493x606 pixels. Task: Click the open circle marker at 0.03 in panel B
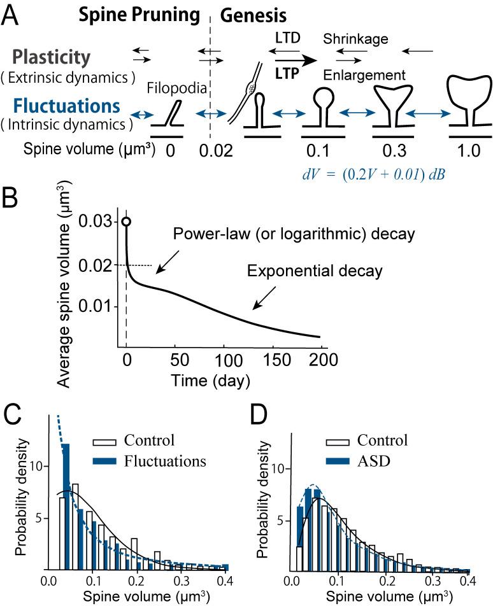tap(127, 222)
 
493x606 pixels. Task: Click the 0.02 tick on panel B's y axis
tap(101, 264)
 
